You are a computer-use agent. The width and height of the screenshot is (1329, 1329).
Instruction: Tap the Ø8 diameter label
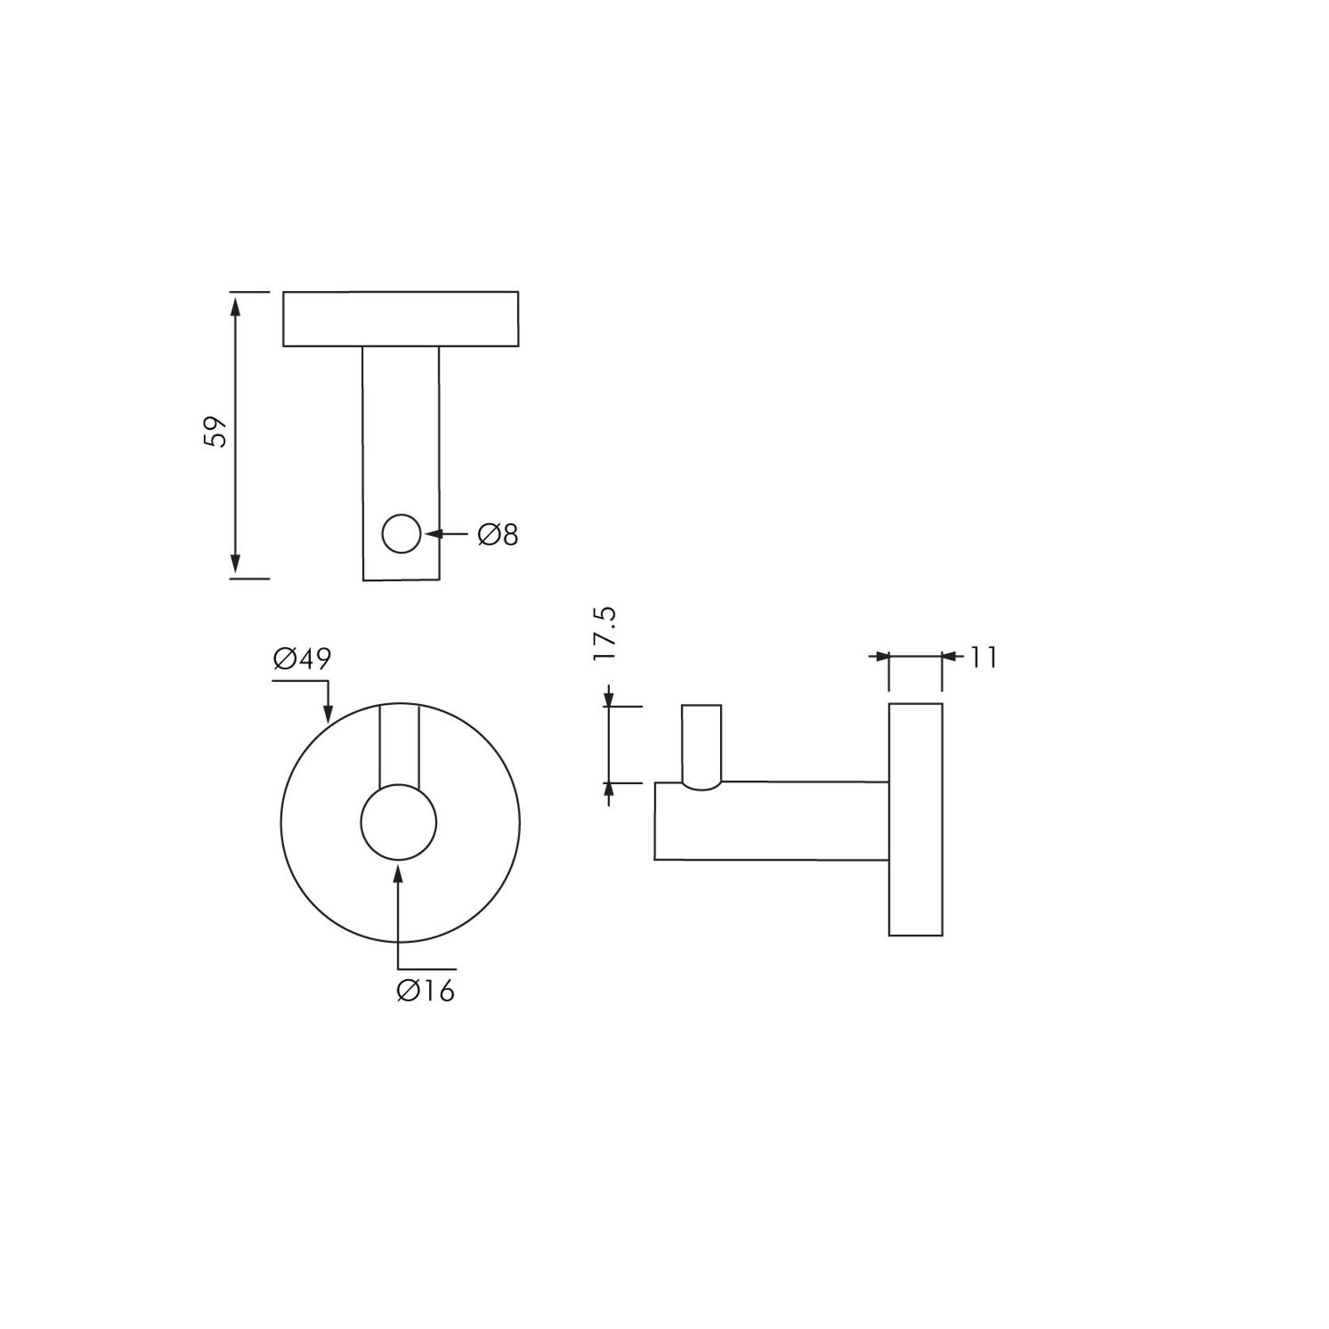coord(497,535)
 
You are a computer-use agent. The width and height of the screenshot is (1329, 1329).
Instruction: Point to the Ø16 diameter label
coord(426,990)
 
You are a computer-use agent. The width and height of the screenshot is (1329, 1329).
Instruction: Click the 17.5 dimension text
coord(604,635)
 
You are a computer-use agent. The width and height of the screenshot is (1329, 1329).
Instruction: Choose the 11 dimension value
coord(982,657)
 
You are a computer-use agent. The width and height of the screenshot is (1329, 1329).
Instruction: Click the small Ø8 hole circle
coord(401,534)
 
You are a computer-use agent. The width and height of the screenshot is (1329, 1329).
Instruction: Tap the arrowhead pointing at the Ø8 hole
coord(433,534)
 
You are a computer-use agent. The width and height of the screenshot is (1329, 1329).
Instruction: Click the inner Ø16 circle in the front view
coord(398,822)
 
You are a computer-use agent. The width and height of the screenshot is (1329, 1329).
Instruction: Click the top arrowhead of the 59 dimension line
coord(235,303)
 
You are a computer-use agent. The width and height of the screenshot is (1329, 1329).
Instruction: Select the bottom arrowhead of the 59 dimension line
coord(235,567)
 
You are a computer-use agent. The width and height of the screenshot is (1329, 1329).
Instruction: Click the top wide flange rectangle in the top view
coord(400,319)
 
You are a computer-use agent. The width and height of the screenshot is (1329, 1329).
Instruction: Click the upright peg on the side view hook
coord(702,741)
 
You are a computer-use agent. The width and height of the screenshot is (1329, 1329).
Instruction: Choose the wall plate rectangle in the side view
coord(915,819)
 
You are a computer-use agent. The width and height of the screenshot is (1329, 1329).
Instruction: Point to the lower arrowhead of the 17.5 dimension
coord(609,790)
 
